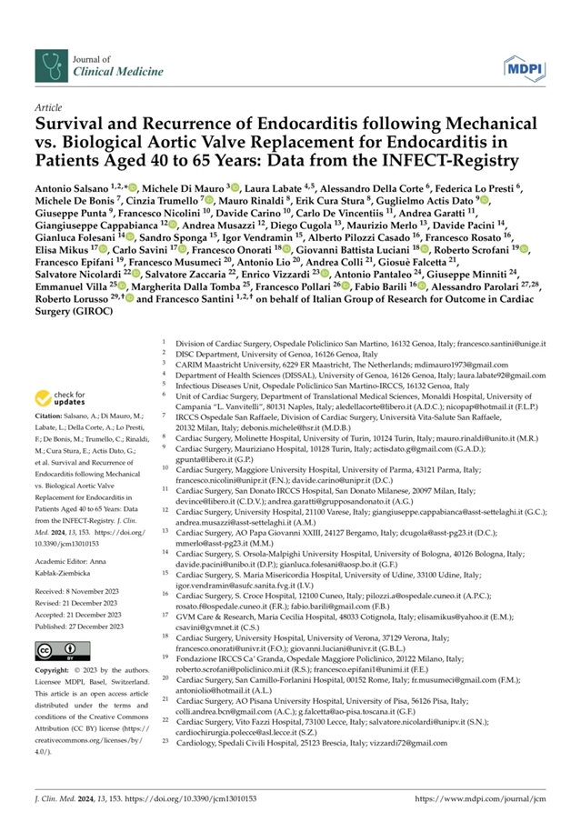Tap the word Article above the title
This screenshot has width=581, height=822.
(x=45, y=107)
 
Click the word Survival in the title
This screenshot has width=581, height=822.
(x=72, y=123)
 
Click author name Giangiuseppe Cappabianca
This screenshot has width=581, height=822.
(x=95, y=249)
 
